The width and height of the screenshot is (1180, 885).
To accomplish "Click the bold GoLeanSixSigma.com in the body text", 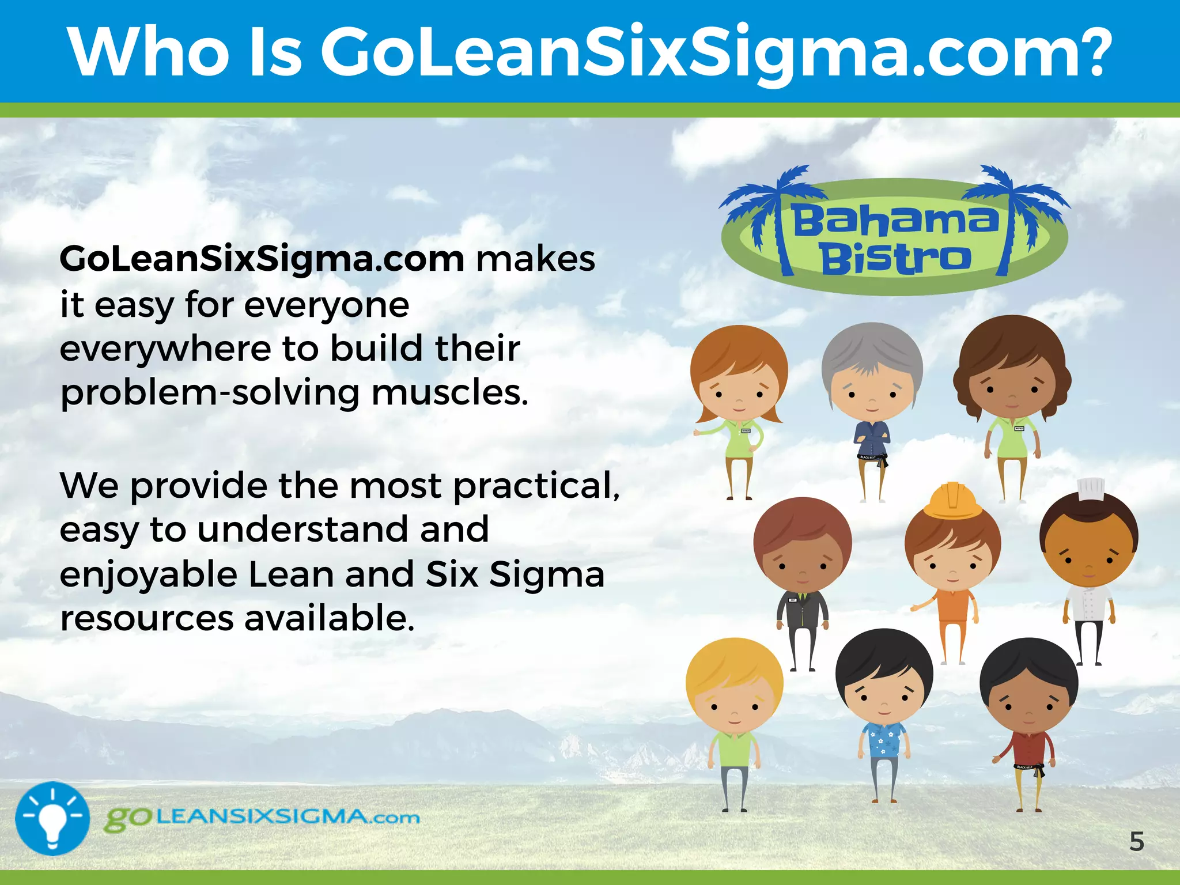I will click(x=262, y=259).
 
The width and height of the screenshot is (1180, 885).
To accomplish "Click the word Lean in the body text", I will click(x=291, y=574).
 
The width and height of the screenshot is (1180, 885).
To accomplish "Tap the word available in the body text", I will click(x=328, y=618).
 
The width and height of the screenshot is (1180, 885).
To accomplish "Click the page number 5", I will click(x=1136, y=842).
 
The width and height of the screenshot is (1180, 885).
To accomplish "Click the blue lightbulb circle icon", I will click(x=52, y=818).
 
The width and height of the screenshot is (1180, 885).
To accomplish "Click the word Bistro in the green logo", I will click(x=895, y=259).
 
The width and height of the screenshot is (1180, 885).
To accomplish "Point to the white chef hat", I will click(x=1090, y=490).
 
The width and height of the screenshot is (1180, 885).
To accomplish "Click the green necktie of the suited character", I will click(x=803, y=602).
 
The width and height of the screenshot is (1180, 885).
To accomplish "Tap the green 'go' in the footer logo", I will click(x=128, y=818).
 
